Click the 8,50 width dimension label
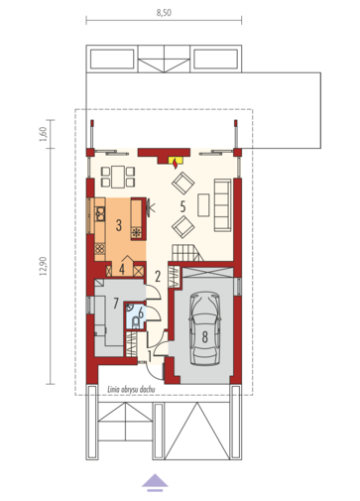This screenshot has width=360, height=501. coord(164,13)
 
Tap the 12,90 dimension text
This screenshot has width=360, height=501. coord(44,266)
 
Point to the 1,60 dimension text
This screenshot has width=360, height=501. coord(44,134)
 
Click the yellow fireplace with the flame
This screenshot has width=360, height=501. coord(175,162)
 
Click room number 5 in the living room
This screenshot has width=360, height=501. coord(182,206)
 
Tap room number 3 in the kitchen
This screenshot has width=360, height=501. coord(119,225)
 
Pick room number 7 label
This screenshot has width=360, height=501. coord(116,303)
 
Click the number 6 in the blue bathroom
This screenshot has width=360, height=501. coord(141,313)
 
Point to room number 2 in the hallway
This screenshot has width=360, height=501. coord(158,276)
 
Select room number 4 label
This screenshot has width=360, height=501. coord(122,270)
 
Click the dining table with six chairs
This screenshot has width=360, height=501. coord(118,177)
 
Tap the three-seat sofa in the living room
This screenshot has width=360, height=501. coord(222,204)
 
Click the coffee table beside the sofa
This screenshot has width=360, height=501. coord(203,205)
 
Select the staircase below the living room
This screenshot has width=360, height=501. coord(187,253)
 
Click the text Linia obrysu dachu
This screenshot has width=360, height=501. coord(131,390)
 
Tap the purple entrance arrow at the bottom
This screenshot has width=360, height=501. coord(155,482)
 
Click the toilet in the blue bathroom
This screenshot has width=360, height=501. coord(136,322)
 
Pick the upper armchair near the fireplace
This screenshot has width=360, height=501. coord(182,184)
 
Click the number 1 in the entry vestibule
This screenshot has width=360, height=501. coord(150,356)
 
